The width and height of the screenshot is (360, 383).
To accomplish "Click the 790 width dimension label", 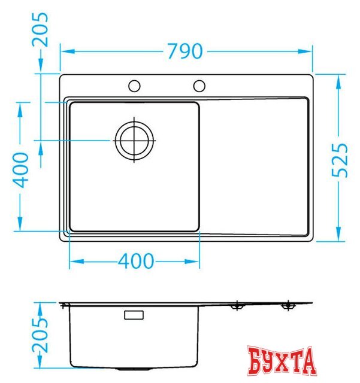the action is [x=185, y=51].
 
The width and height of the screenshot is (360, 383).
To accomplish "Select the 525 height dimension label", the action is [x=340, y=160].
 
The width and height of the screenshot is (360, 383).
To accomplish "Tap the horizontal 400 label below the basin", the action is [x=136, y=261].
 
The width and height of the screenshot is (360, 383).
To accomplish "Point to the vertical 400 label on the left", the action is [x=20, y=170].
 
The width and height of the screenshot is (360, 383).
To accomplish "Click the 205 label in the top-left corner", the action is [x=40, y=29].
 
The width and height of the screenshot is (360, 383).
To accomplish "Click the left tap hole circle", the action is [x=134, y=86].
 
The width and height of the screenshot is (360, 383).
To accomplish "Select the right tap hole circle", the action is [x=199, y=86].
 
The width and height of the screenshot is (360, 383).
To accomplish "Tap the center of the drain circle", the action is [x=134, y=141].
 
